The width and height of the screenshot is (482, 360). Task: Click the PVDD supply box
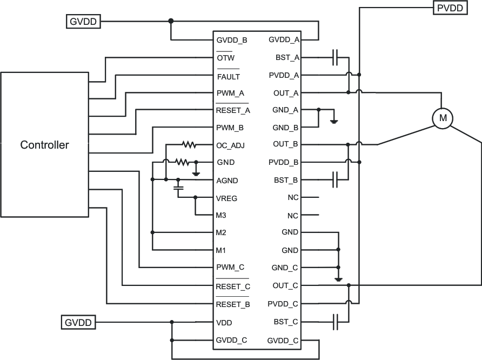(x=449, y=8)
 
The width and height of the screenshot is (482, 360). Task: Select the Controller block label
(x=44, y=145)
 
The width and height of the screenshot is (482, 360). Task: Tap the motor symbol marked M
(x=442, y=118)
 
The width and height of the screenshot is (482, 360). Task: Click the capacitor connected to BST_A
(x=336, y=57)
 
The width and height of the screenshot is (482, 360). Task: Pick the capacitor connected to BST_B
(x=336, y=179)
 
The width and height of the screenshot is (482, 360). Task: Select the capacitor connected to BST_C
(x=336, y=322)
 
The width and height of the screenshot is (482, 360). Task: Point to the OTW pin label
(x=225, y=58)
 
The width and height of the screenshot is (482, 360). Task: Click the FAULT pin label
(x=228, y=77)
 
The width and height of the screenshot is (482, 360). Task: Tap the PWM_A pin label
(x=230, y=93)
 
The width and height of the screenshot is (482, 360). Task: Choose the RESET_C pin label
(x=233, y=286)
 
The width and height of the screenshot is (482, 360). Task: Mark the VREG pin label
(x=227, y=198)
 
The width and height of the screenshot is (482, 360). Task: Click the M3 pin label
(x=222, y=216)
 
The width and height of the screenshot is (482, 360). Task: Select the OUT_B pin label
(x=286, y=144)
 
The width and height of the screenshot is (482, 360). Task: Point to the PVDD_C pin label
(x=283, y=304)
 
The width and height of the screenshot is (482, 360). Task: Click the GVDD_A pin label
(x=284, y=40)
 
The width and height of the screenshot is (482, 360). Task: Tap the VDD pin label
(x=224, y=322)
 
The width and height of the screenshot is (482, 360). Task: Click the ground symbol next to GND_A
(x=334, y=121)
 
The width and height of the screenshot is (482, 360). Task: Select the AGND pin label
(x=227, y=181)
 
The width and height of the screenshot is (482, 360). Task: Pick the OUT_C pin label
(x=286, y=285)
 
